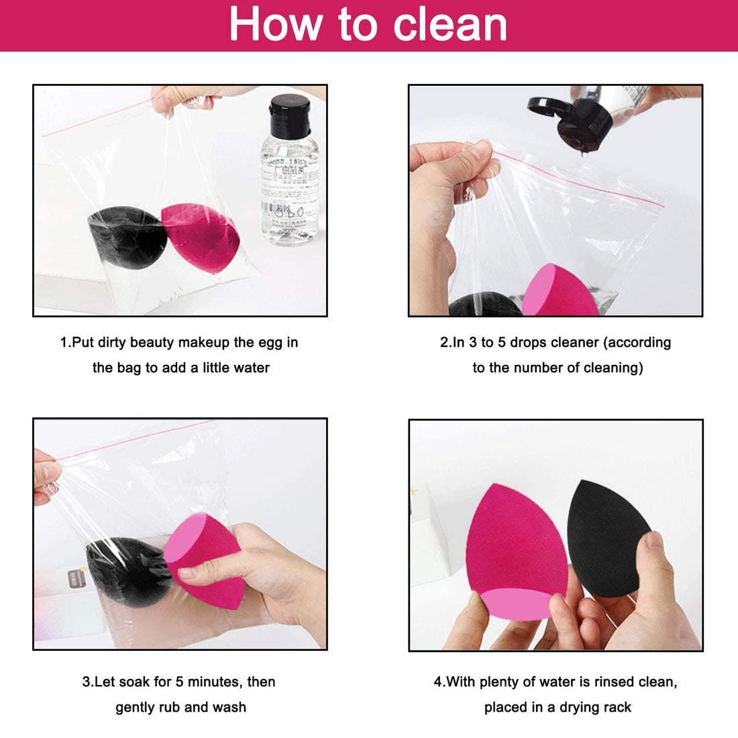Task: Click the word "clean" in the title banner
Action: tap(450, 25)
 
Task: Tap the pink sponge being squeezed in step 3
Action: tap(201, 557)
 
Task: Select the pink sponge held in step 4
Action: tap(513, 543)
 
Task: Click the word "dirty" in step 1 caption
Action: tap(112, 342)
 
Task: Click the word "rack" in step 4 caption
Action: tap(616, 707)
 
